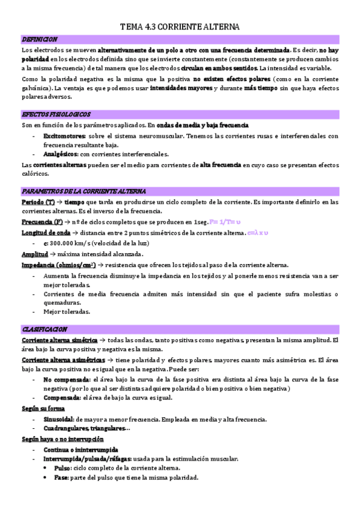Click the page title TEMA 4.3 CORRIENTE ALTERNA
[180, 27]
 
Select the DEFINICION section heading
[39, 39]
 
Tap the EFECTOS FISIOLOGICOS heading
[56, 114]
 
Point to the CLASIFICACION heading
[44, 330]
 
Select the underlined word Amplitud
[34, 254]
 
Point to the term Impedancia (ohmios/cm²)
[58, 265]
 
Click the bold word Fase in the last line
[61, 478]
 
